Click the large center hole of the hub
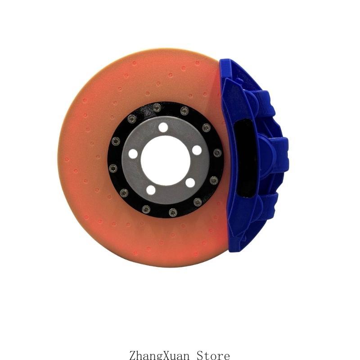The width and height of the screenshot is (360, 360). click(166, 161)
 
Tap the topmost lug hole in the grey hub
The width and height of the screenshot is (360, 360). click(163, 127)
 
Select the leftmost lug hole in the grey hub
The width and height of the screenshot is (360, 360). click(133, 153)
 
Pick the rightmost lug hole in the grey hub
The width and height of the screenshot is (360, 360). click(197, 150)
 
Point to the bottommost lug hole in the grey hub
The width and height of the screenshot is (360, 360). click(151, 190)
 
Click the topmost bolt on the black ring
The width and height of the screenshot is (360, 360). click(157, 107)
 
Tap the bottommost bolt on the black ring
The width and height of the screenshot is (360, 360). click(173, 212)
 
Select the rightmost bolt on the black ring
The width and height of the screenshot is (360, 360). click(217, 153)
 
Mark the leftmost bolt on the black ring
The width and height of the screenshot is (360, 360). click(113, 168)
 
